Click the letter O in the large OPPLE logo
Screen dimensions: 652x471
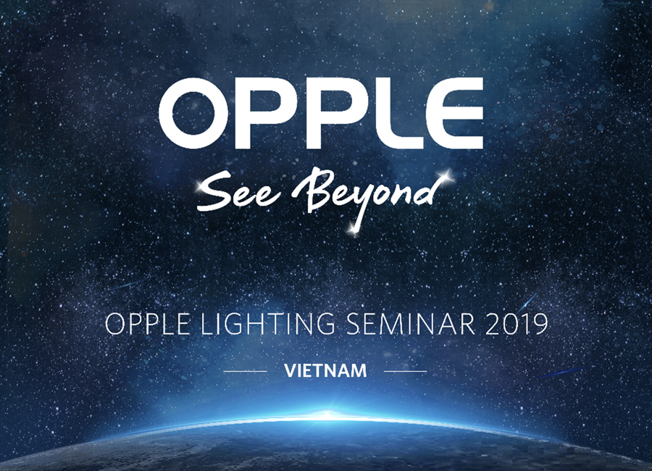(193, 113)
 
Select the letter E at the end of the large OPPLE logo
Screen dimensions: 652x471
(456, 113)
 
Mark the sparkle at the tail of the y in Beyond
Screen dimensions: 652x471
(354, 228)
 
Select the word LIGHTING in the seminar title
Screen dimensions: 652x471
(268, 324)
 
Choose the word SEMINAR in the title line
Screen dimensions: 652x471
(411, 324)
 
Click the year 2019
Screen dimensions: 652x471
(517, 324)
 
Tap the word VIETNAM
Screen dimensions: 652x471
(325, 371)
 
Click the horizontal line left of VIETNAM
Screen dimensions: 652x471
(246, 371)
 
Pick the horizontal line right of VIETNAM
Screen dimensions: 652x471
(406, 371)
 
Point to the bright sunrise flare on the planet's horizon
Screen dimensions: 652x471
(327, 415)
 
